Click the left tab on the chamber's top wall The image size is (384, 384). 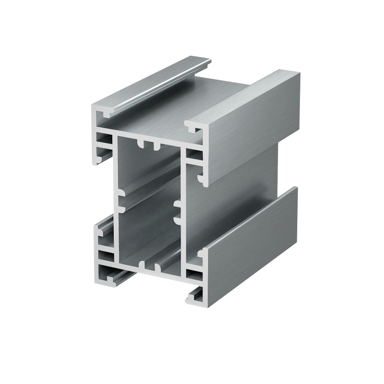pyautogui.click(x=141, y=145)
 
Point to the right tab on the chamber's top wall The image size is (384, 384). pyautogui.click(x=156, y=147)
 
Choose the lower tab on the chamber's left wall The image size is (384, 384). pyautogui.click(x=122, y=208)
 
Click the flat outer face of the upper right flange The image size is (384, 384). pyautogui.click(x=250, y=127)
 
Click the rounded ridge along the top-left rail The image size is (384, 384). pyautogui.click(x=161, y=84)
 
